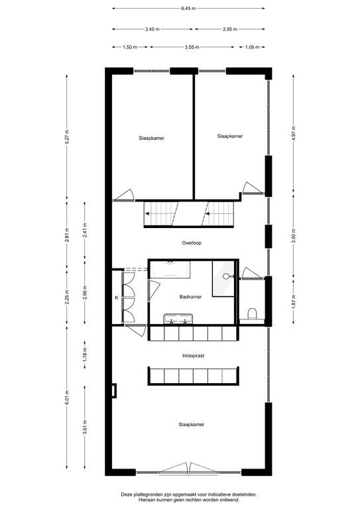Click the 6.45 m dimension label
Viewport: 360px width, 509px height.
188,9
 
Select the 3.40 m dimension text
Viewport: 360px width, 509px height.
152,29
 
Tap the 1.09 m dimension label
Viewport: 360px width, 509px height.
252,47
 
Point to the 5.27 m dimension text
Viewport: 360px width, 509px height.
67,137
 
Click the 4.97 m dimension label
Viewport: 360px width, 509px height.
294,133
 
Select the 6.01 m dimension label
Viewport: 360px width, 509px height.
67,397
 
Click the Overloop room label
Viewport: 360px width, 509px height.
192,243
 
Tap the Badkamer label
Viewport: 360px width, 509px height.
190,297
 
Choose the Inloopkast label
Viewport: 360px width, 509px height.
193,356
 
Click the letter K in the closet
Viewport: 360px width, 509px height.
117,297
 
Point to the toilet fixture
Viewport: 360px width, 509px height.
252,315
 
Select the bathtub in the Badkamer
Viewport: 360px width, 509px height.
170,269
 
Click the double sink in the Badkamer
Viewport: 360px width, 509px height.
178,319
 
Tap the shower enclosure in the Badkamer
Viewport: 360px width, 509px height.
223,278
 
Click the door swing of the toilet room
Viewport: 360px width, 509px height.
251,273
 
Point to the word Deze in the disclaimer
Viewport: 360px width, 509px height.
127,494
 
